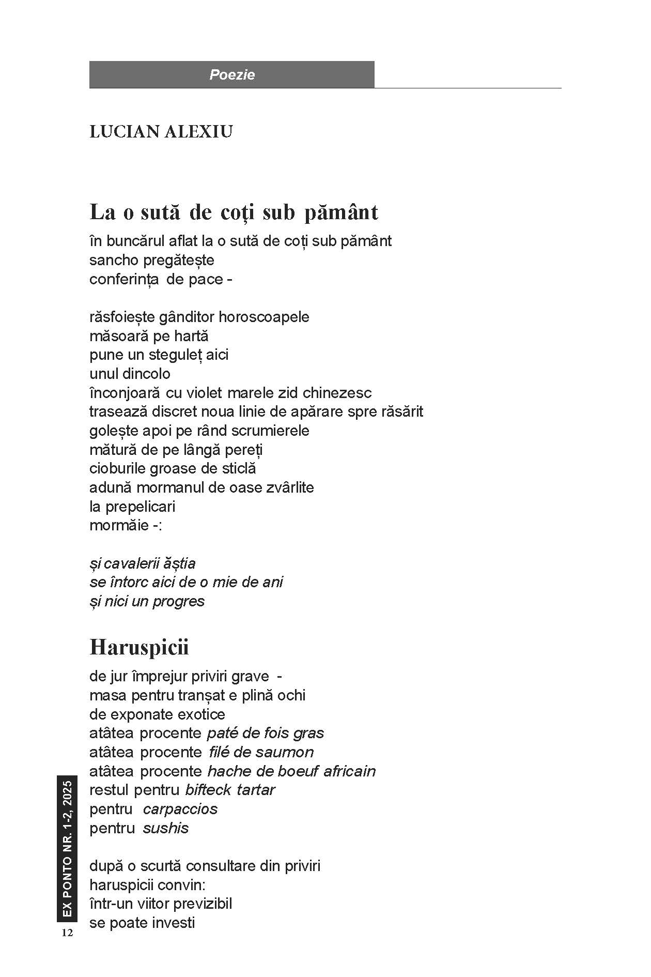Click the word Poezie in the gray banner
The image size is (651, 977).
(x=232, y=75)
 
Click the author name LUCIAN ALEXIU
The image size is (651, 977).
(x=161, y=132)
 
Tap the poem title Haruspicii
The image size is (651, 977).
(x=139, y=647)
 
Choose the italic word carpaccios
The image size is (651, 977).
(x=180, y=809)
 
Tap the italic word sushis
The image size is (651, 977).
(x=166, y=828)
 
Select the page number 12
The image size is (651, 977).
(x=67, y=933)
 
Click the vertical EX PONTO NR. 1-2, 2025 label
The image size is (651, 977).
(x=67, y=848)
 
